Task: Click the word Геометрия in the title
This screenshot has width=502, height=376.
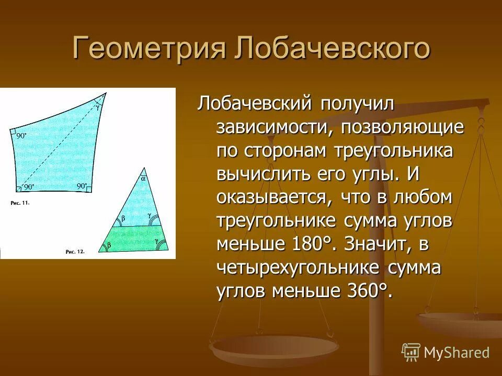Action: tap(149, 48)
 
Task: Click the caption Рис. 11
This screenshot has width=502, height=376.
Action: tap(20, 203)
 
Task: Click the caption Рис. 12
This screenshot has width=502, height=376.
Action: tap(75, 251)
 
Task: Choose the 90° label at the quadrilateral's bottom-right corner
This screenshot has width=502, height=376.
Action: tap(82, 186)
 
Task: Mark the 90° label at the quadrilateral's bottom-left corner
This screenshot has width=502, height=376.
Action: tap(28, 186)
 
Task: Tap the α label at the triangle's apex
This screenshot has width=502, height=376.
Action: tap(143, 179)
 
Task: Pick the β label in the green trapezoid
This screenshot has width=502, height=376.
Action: tap(109, 244)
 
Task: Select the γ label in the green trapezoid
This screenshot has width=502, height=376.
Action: tap(157, 241)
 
